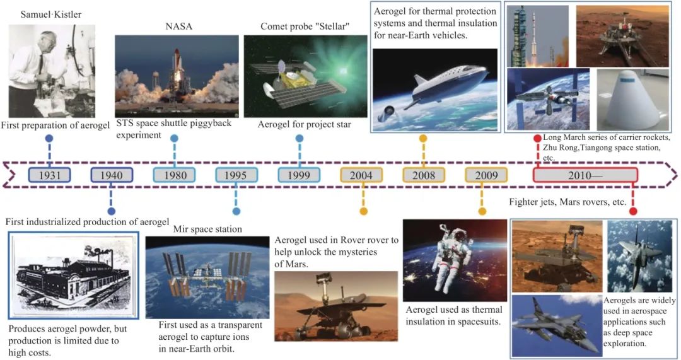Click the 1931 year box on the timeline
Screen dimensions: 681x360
coord(49,175)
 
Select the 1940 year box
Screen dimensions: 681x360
coord(112,175)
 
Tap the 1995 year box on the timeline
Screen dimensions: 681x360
coord(236,175)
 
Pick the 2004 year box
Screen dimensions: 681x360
coord(361,175)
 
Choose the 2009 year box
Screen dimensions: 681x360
coord(486,175)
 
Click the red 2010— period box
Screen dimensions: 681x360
coord(585,175)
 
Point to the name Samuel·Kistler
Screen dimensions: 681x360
coord(51,15)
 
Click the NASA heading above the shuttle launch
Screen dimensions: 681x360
coord(178,26)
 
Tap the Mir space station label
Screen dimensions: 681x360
coord(207,229)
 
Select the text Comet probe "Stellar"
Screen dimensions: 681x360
coord(305,26)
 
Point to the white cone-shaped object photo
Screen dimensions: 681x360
coord(633,99)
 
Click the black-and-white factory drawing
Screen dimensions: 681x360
coord(73,275)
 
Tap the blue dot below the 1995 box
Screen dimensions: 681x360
coord(236,211)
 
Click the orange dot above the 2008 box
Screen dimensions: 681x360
coord(423,139)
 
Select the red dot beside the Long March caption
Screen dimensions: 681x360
coord(537,139)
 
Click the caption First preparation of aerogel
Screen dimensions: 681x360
coord(55,125)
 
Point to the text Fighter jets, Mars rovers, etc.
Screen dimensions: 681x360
coord(567,202)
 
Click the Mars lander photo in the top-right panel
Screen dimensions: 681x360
coord(623,37)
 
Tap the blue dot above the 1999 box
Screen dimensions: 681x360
coord(300,139)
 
